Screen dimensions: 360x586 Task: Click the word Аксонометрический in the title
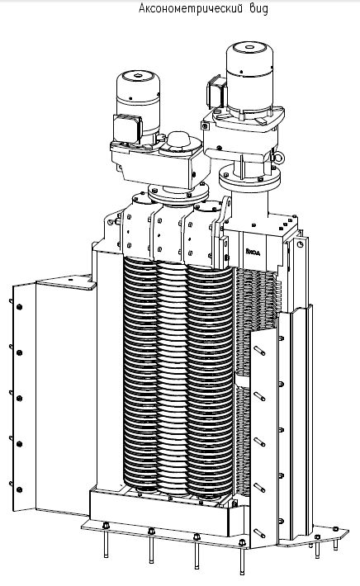191,8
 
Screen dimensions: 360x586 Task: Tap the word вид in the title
259,8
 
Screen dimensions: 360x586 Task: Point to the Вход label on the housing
253,252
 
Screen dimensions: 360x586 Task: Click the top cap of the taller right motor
249,49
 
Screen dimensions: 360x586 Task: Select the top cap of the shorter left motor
138,78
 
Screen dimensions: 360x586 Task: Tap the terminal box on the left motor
127,127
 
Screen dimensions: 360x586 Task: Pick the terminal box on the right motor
216,92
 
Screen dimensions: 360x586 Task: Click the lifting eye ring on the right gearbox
279,158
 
